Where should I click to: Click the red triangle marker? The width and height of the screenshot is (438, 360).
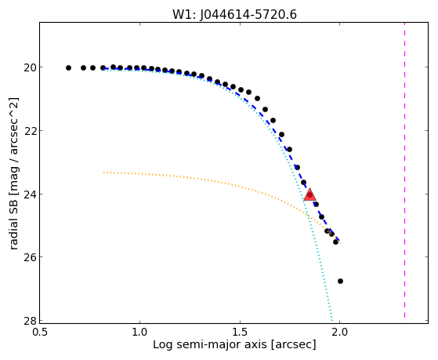pos(309,195)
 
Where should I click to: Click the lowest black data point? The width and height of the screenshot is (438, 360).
pos(340,281)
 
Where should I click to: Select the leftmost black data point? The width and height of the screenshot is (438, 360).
pos(68,67)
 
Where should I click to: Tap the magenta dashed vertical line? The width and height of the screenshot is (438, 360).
pos(404,170)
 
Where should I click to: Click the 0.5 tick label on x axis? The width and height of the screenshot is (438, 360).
pos(40,332)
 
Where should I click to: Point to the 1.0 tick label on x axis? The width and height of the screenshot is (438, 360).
pos(139,332)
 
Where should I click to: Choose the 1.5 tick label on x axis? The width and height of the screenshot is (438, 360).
pos(240,332)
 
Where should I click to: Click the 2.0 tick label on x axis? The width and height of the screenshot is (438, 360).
pos(340,332)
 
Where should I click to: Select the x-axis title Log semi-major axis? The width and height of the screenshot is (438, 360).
pos(210,344)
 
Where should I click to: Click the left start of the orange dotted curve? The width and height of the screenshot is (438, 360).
pos(103,173)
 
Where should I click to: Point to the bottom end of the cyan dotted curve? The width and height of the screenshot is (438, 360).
pos(332,320)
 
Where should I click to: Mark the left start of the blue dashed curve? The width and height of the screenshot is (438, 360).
pos(103,68)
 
